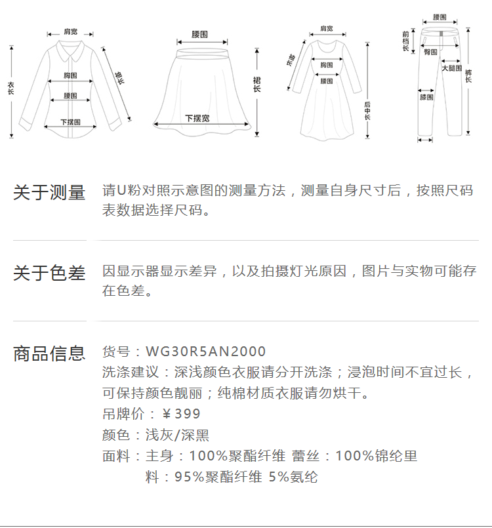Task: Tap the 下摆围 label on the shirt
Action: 70,122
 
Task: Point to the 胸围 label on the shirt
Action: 71,75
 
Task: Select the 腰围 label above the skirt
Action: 199,34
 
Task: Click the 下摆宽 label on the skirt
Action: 197,119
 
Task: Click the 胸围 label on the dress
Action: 326,65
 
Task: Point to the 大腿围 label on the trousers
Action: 451,68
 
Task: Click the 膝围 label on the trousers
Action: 426,97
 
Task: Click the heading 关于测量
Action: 49,193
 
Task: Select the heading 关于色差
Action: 49,273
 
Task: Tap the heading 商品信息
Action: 49,354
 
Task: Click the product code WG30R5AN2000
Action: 206,352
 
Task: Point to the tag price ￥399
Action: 181,414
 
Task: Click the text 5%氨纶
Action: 294,477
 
